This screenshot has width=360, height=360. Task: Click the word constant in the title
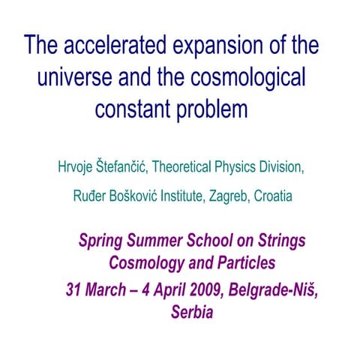point(130,109)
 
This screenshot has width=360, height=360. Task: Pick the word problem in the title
point(211,109)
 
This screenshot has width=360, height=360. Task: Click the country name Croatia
point(274,198)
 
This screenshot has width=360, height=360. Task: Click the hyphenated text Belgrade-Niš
point(265,289)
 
